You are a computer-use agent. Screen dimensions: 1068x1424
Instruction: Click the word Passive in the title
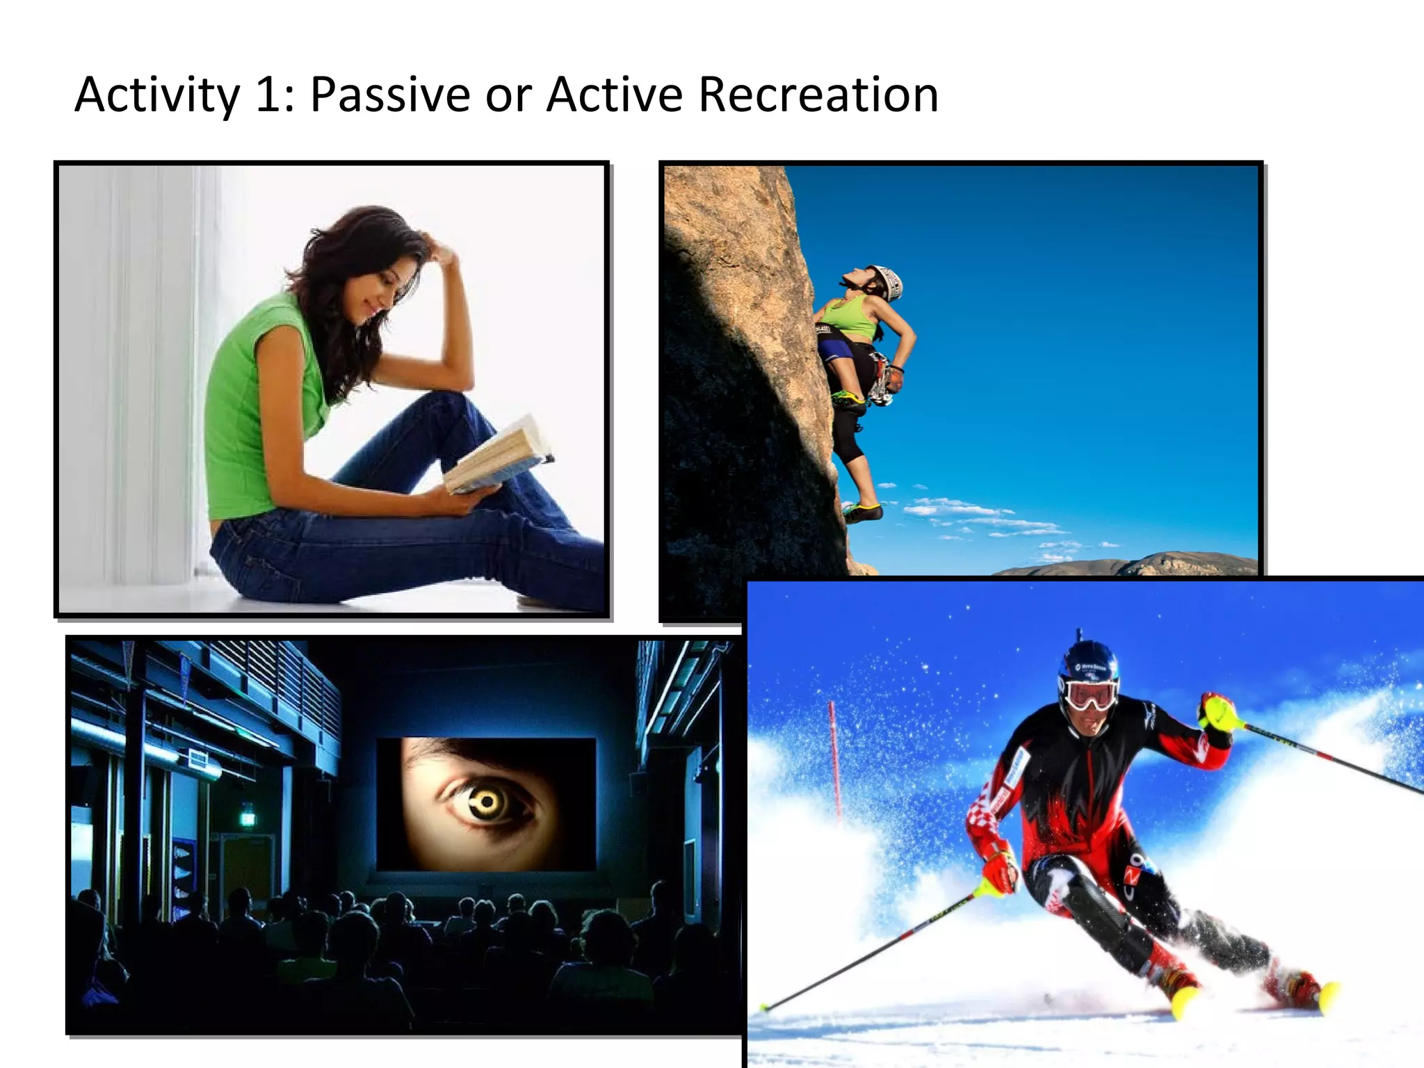coord(390,95)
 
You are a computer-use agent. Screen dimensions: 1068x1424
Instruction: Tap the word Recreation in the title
coord(818,95)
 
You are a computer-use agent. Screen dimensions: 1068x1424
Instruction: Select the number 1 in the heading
coord(268,95)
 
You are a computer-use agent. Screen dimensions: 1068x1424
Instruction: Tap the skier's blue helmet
coord(1088,664)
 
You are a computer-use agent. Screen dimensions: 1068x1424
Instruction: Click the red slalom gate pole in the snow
coord(834,758)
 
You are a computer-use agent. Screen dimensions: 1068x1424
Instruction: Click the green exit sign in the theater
coord(248,817)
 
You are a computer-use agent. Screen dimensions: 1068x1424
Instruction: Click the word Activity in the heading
coord(157,95)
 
